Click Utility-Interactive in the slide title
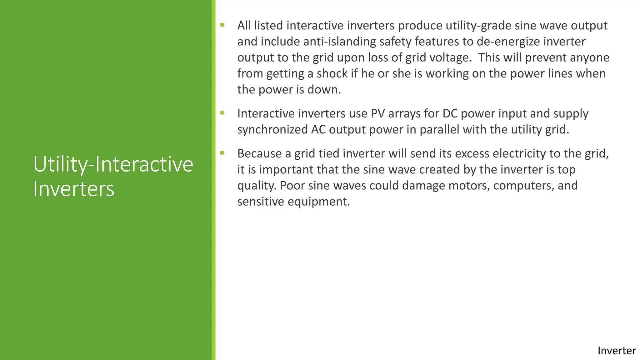[113, 164]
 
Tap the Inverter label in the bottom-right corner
[616, 351]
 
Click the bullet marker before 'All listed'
[222, 25]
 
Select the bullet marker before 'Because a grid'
[222, 153]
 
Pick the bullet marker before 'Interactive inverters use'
[222, 113]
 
